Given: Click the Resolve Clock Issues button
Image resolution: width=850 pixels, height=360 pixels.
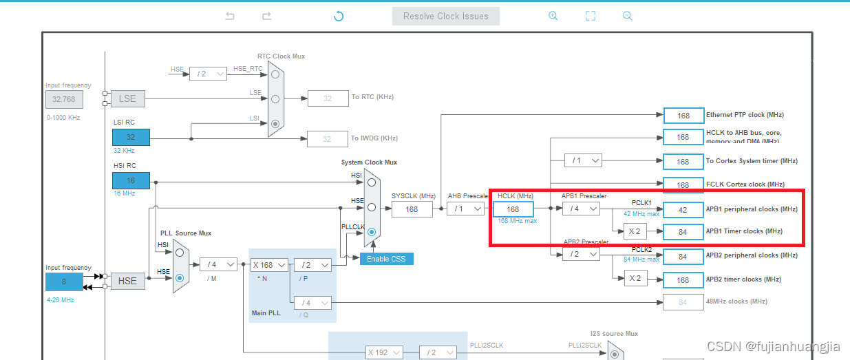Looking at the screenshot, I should click(x=445, y=16).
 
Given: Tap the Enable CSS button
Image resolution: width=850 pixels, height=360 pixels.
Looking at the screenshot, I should click(x=386, y=259).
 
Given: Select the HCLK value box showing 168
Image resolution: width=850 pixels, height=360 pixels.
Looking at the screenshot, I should click(x=513, y=209).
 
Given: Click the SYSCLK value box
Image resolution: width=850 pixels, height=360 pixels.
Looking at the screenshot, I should click(x=412, y=209).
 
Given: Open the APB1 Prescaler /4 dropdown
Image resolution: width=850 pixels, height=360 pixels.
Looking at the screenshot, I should click(x=580, y=209).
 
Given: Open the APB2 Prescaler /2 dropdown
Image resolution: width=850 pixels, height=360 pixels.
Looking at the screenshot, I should click(x=580, y=255).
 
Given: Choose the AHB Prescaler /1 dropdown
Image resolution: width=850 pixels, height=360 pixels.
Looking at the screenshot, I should click(x=465, y=209).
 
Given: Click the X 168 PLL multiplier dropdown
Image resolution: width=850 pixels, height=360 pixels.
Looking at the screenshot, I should click(x=268, y=265).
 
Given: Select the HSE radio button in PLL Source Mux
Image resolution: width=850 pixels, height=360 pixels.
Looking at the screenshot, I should click(x=180, y=277).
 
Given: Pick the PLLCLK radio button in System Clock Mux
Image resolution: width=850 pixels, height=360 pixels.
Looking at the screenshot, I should click(x=372, y=232).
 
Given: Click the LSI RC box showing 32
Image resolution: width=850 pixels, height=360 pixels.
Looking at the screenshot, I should click(x=131, y=137).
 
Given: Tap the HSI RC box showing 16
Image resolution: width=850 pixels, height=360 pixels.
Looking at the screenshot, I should click(x=131, y=180).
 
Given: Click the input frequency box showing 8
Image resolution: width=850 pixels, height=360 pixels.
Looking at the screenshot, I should click(x=64, y=282).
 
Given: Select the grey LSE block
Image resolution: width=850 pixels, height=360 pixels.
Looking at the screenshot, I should click(x=127, y=98).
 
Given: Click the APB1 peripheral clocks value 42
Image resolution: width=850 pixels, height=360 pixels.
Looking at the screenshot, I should click(x=683, y=209).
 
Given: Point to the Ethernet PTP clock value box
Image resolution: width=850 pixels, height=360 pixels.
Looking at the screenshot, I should click(x=683, y=115).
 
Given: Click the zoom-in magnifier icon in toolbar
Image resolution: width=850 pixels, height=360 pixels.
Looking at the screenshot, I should click(x=553, y=16).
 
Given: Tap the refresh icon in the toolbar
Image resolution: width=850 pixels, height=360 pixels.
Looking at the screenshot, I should click(x=338, y=16).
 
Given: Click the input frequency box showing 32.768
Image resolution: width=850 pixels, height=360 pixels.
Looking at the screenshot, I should click(x=64, y=99).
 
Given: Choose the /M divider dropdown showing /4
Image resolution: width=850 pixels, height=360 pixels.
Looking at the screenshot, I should click(x=218, y=264).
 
